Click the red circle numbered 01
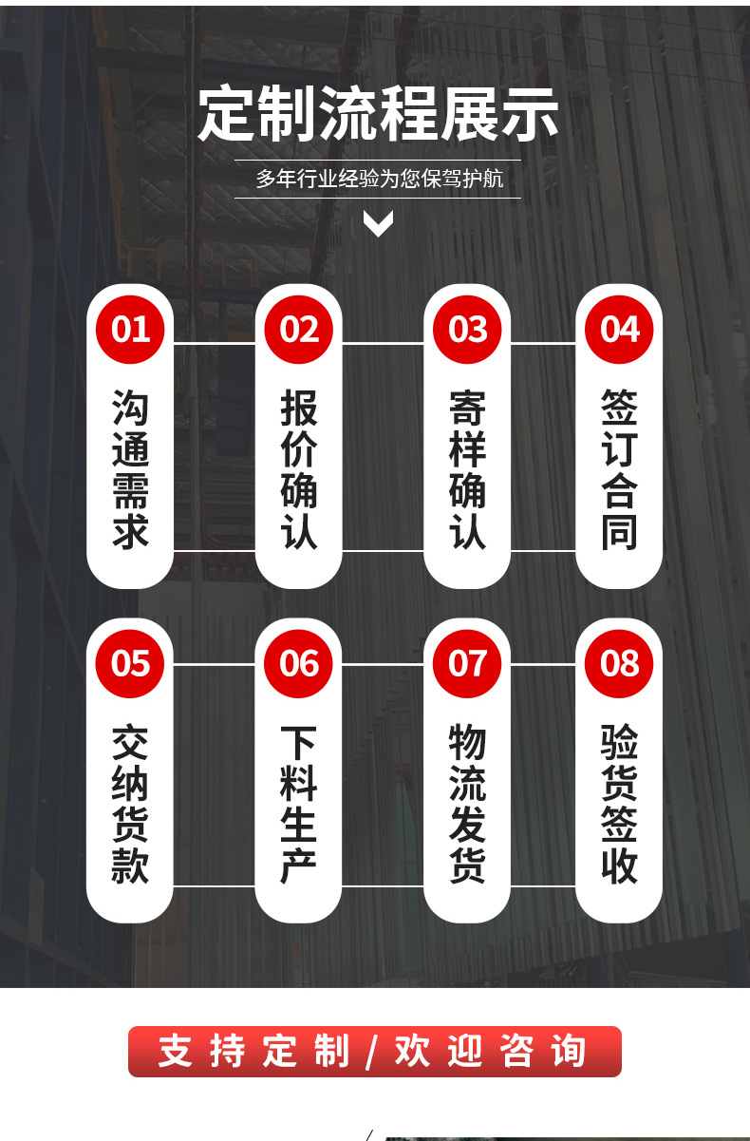click(x=130, y=329)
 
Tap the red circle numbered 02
click(x=299, y=329)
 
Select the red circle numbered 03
click(x=467, y=329)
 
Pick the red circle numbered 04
click(x=619, y=329)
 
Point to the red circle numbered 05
click(x=130, y=663)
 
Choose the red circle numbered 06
click(x=299, y=663)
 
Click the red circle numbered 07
click(x=467, y=663)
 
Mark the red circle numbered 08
click(x=619, y=663)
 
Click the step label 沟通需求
click(x=130, y=468)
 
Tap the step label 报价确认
click(x=299, y=468)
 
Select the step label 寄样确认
click(x=467, y=468)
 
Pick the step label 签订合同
click(x=619, y=468)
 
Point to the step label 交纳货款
click(x=130, y=804)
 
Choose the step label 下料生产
click(x=299, y=804)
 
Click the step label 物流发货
click(x=467, y=804)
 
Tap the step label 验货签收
click(x=619, y=804)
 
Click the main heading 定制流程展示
click(x=378, y=115)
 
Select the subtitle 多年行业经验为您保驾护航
click(x=378, y=179)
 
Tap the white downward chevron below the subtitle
click(x=378, y=224)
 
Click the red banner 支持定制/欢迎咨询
click(x=374, y=1052)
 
